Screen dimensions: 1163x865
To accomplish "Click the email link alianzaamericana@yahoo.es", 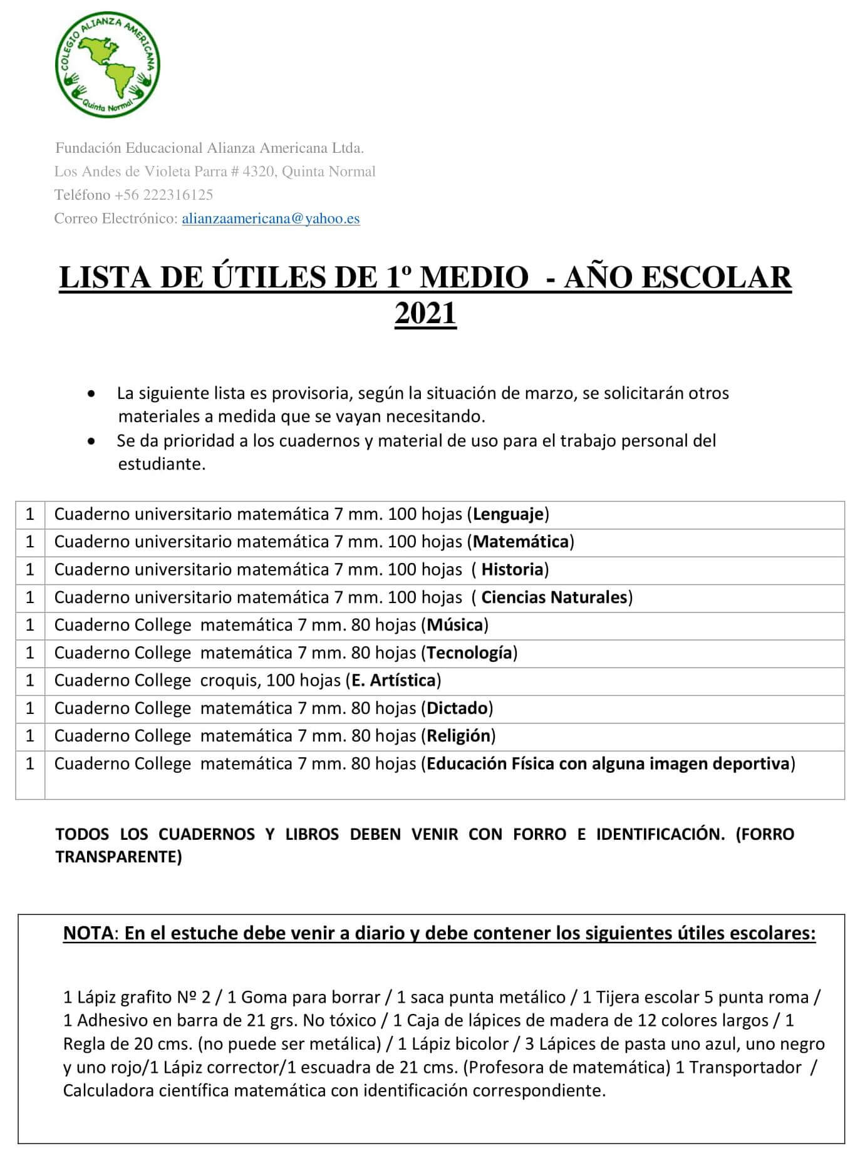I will click(271, 219).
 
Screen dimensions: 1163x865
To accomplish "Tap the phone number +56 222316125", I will click(164, 195).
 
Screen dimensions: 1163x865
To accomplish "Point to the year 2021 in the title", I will click(425, 313).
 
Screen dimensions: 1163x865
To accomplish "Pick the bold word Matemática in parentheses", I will click(521, 542).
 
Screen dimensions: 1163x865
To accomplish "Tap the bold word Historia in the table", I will click(512, 569).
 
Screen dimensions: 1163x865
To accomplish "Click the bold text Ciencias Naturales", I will click(554, 597).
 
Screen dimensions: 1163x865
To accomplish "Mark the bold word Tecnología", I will click(469, 653).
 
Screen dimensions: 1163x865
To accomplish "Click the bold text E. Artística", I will click(393, 680).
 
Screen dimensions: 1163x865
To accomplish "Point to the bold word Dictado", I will click(457, 708).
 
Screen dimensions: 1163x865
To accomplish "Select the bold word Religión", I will click(458, 736).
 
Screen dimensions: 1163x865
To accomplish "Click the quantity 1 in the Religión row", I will click(30, 736).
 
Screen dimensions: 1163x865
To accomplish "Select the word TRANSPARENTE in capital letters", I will click(118, 857).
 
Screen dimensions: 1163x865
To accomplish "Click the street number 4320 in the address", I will click(259, 172).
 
